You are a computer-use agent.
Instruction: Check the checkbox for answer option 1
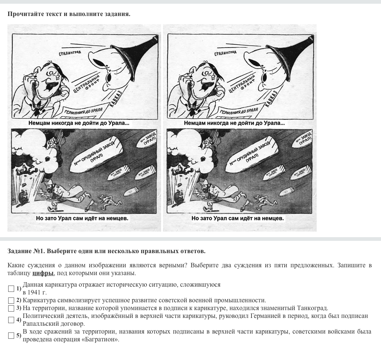tap(11, 289)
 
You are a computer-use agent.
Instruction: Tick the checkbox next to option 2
tap(11, 300)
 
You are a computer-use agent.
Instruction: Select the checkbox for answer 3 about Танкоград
tap(11, 308)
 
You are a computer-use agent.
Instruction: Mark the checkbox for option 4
tap(11, 320)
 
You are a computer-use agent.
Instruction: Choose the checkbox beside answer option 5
tap(11, 335)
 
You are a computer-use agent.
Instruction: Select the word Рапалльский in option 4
tap(41, 324)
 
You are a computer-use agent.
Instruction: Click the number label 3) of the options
tap(18, 308)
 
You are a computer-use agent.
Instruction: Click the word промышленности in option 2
tap(243, 300)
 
